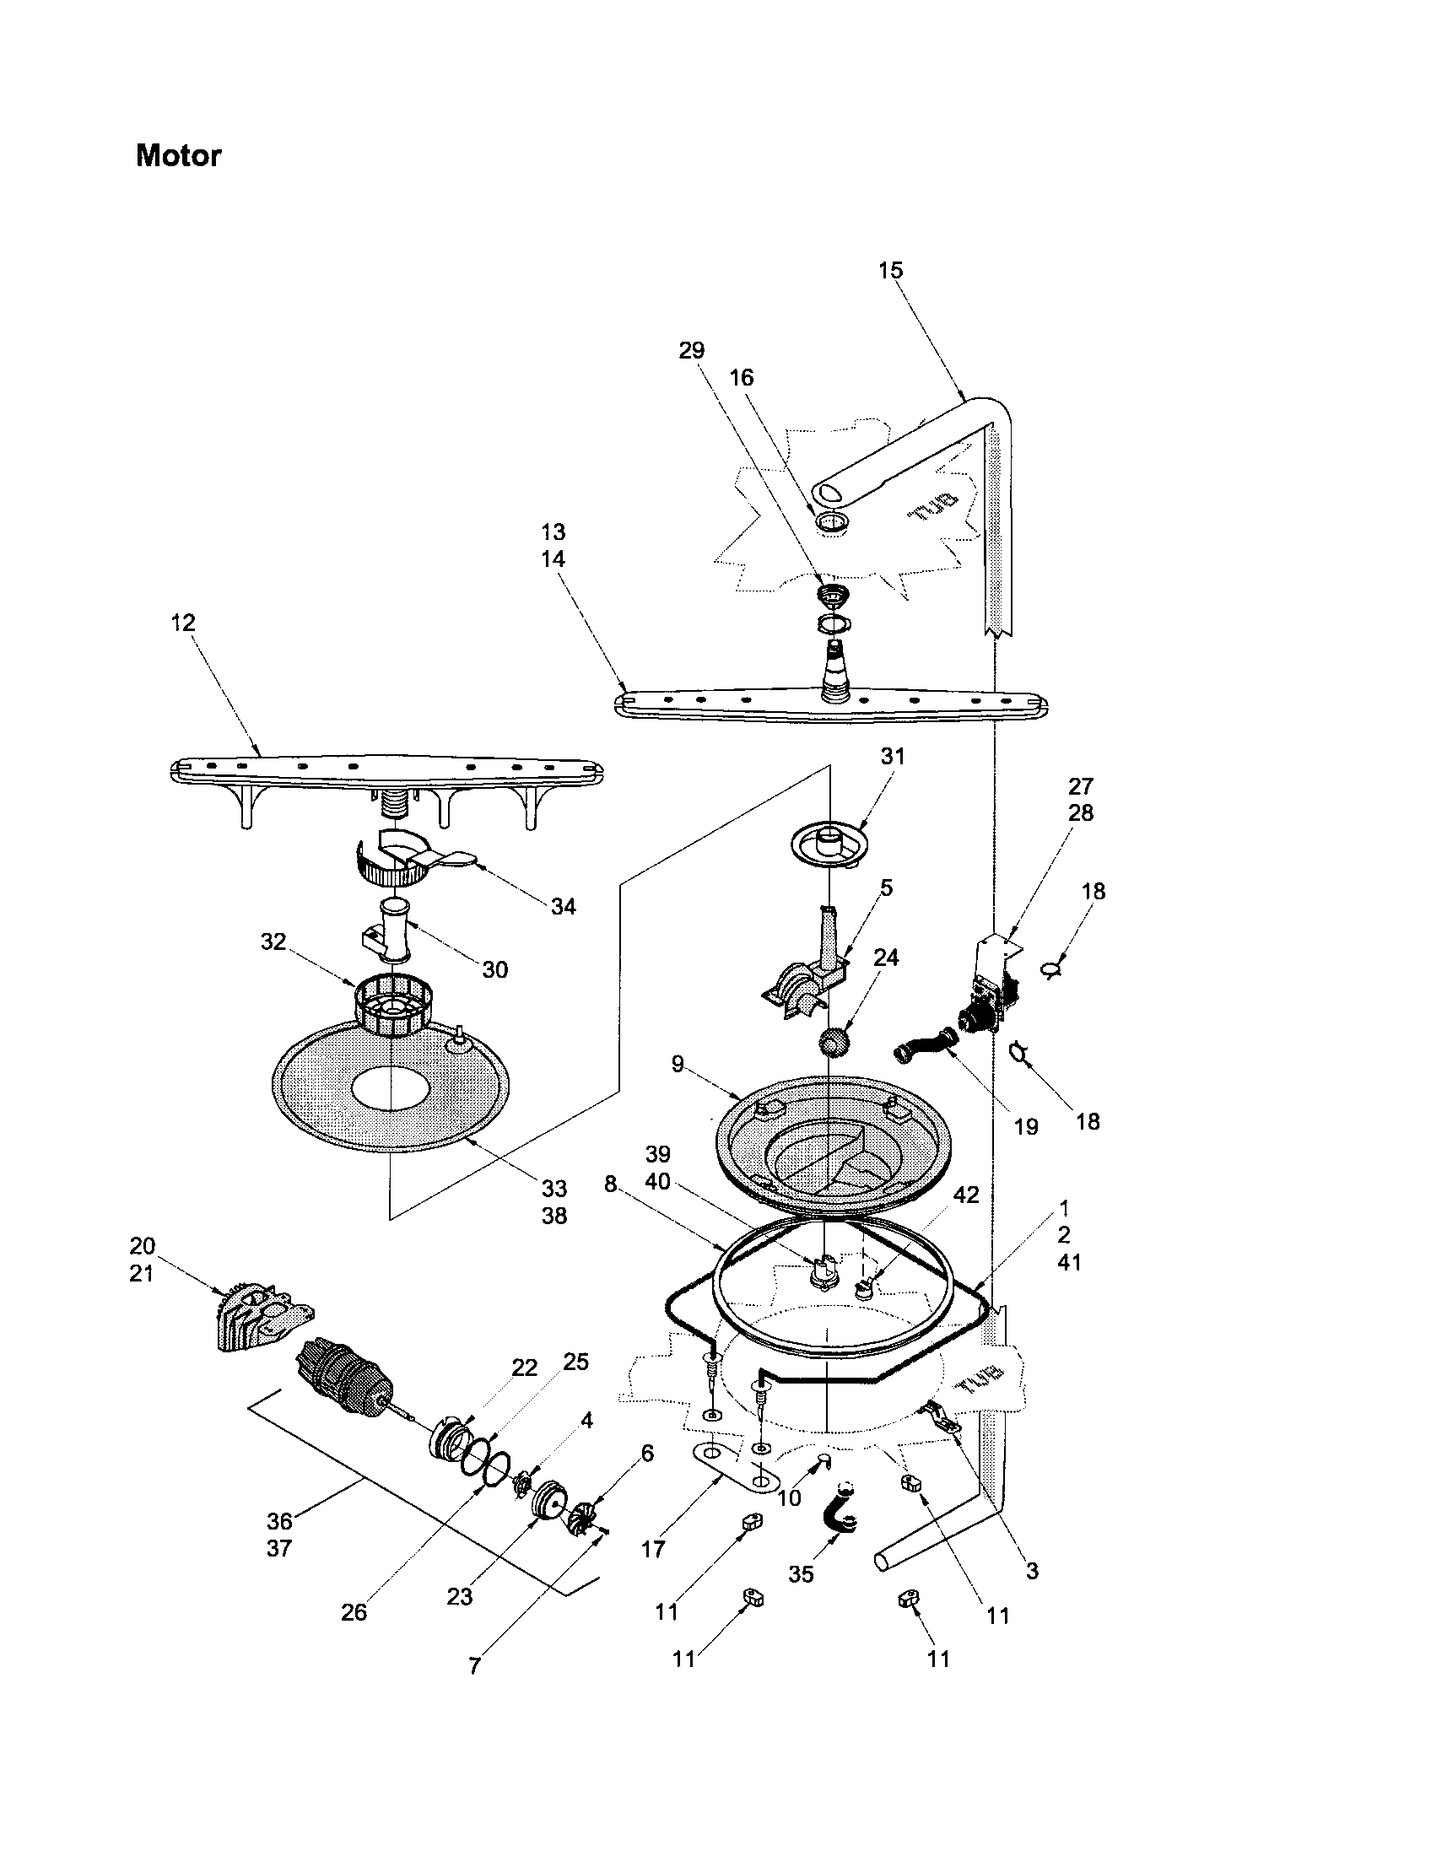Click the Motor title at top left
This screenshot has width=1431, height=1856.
[178, 155]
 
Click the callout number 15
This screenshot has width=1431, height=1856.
[890, 270]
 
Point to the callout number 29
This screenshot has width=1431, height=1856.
[692, 350]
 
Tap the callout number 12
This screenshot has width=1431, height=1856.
[183, 623]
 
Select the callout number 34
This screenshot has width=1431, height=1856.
[564, 907]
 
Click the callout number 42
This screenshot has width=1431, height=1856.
[966, 1195]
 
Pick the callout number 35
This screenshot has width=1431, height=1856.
[801, 1575]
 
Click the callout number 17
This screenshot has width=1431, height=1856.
[652, 1549]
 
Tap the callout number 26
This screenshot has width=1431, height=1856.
[354, 1612]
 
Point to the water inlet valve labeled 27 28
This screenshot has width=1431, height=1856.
[990, 985]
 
